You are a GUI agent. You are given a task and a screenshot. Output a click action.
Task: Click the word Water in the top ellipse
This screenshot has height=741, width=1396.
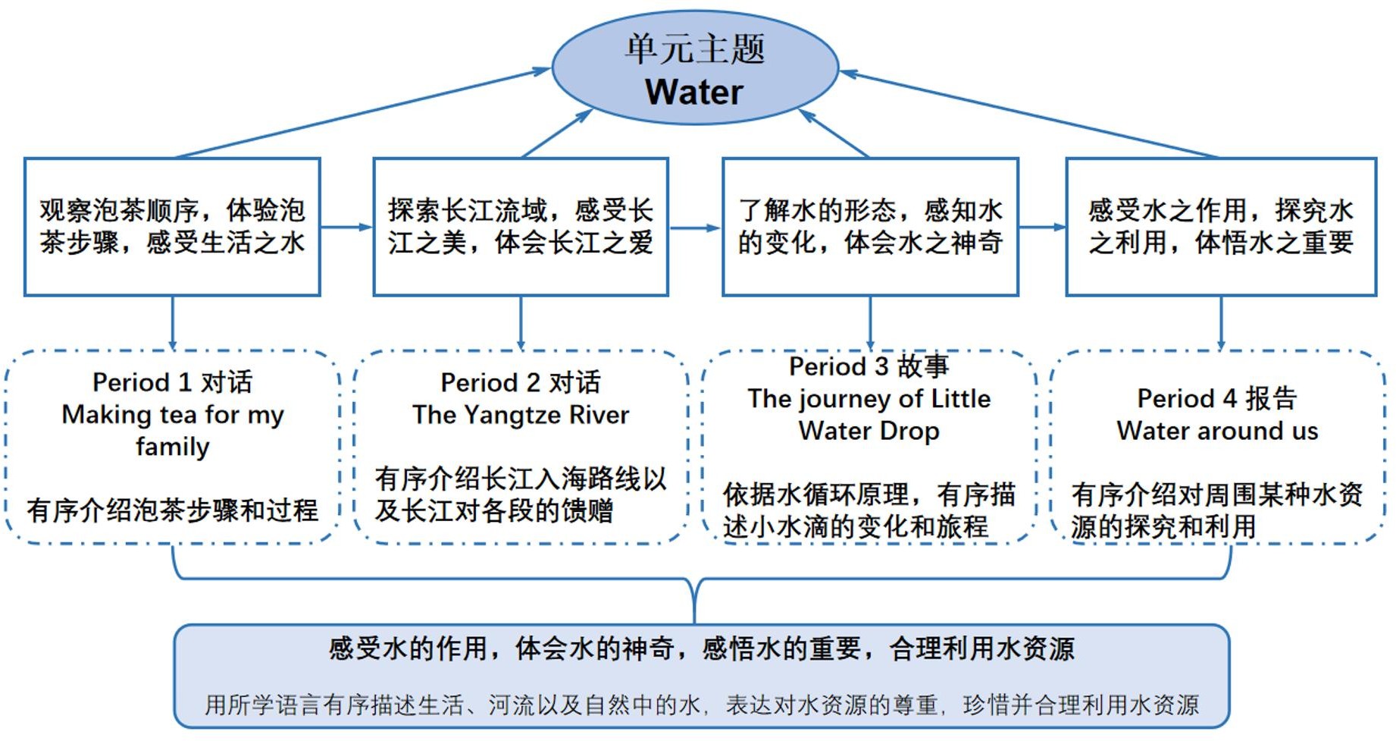click(x=694, y=92)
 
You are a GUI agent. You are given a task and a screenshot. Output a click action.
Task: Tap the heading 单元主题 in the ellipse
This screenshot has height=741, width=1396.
click(x=694, y=49)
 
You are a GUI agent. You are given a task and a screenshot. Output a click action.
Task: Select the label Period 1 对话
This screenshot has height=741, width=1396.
click(x=172, y=381)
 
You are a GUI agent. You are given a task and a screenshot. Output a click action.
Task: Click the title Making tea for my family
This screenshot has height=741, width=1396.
click(x=172, y=430)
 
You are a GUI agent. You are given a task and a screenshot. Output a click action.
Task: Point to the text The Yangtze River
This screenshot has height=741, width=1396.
click(x=521, y=415)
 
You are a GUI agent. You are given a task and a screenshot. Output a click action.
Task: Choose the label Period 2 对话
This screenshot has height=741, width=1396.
click(x=521, y=381)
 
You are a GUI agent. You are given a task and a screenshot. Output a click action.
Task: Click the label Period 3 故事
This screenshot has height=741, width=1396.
click(x=869, y=366)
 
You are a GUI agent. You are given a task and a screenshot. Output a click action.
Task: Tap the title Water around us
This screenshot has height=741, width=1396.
click(x=1217, y=431)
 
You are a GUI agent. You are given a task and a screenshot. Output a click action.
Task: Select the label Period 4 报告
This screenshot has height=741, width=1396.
click(x=1217, y=397)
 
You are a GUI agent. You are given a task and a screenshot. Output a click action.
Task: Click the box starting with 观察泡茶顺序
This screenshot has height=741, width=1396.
click(x=172, y=227)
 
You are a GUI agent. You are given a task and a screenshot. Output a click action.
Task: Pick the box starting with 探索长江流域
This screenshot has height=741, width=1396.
click(x=521, y=227)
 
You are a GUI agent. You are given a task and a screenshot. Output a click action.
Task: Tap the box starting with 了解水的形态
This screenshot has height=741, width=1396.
click(x=870, y=227)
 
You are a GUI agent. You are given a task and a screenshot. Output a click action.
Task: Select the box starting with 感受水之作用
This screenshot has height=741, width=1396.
click(x=1221, y=227)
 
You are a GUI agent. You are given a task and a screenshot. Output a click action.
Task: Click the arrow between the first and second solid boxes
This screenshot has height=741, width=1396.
click(x=346, y=227)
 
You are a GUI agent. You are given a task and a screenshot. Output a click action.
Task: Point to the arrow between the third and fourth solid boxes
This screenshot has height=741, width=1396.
click(x=1042, y=227)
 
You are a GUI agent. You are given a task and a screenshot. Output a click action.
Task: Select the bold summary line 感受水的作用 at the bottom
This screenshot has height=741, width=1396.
click(x=701, y=648)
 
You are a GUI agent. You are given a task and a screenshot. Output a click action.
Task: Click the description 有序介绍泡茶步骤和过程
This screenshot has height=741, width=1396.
click(x=172, y=510)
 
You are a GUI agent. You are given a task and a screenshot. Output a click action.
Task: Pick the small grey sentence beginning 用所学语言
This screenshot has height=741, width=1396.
click(x=701, y=705)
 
